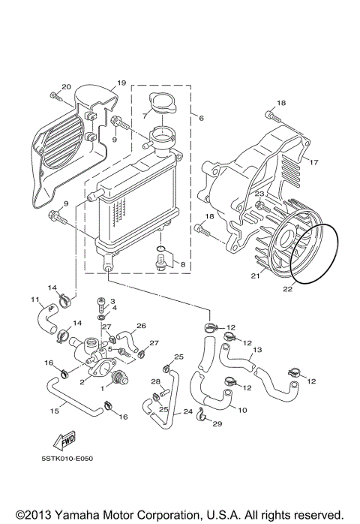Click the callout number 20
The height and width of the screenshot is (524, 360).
click(65, 87)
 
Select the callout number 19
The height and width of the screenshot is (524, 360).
click(121, 83)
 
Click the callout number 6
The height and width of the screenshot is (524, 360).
click(201, 118)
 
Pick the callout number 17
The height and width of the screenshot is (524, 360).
click(314, 162)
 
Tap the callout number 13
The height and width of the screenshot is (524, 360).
click(256, 350)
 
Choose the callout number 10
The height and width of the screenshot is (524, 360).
click(241, 410)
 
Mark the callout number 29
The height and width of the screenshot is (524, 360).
click(217, 425)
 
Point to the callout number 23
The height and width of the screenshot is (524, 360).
click(259, 194)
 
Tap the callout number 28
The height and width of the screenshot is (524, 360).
click(156, 382)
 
